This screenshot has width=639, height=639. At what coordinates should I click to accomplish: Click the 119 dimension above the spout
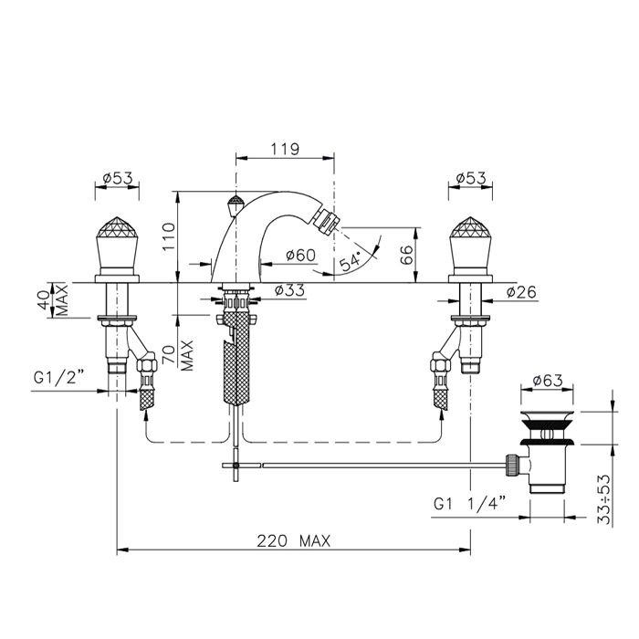click(285, 149)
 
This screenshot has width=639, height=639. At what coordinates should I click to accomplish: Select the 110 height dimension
click(168, 236)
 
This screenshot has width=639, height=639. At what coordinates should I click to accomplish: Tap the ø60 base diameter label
click(300, 255)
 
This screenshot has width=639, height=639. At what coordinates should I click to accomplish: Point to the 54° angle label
click(351, 261)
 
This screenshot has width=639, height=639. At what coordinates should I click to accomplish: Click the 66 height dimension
click(407, 256)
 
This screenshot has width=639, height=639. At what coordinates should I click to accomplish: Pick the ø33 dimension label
click(289, 290)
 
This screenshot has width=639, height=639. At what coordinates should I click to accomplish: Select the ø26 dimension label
click(521, 292)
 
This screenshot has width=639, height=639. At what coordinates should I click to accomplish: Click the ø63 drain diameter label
click(548, 381)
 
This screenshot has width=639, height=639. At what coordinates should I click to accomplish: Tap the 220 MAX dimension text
click(293, 541)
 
